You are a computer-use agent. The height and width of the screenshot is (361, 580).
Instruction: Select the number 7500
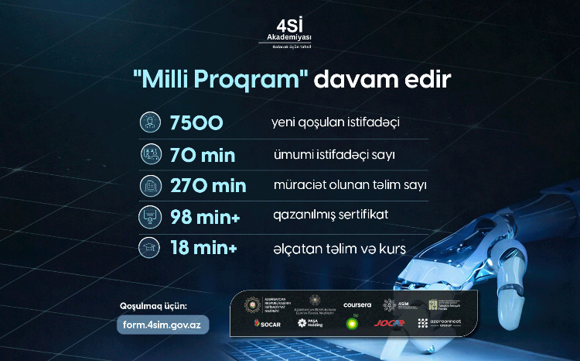[x=196, y=122]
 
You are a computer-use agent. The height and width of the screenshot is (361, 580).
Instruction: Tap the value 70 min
[x=202, y=155]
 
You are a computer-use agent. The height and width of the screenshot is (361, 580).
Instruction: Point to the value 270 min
[x=207, y=186]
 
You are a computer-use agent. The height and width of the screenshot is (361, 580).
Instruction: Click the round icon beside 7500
[x=148, y=122]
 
